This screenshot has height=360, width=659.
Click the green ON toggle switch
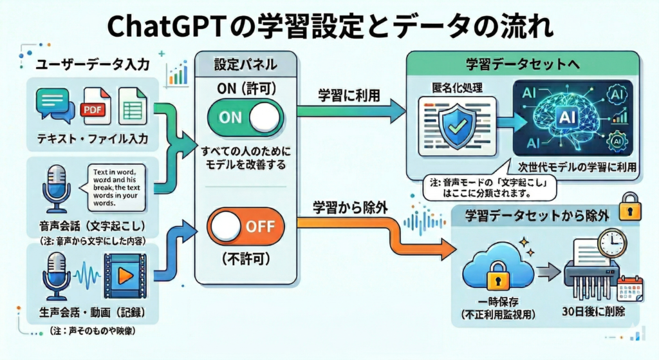click(245, 118)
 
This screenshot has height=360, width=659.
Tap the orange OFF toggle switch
click(245, 227)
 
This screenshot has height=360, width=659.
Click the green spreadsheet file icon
click(134, 106)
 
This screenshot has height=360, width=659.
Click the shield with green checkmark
click(457, 122)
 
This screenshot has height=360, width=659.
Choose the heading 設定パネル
click(245, 64)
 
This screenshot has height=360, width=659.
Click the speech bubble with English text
click(116, 187)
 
